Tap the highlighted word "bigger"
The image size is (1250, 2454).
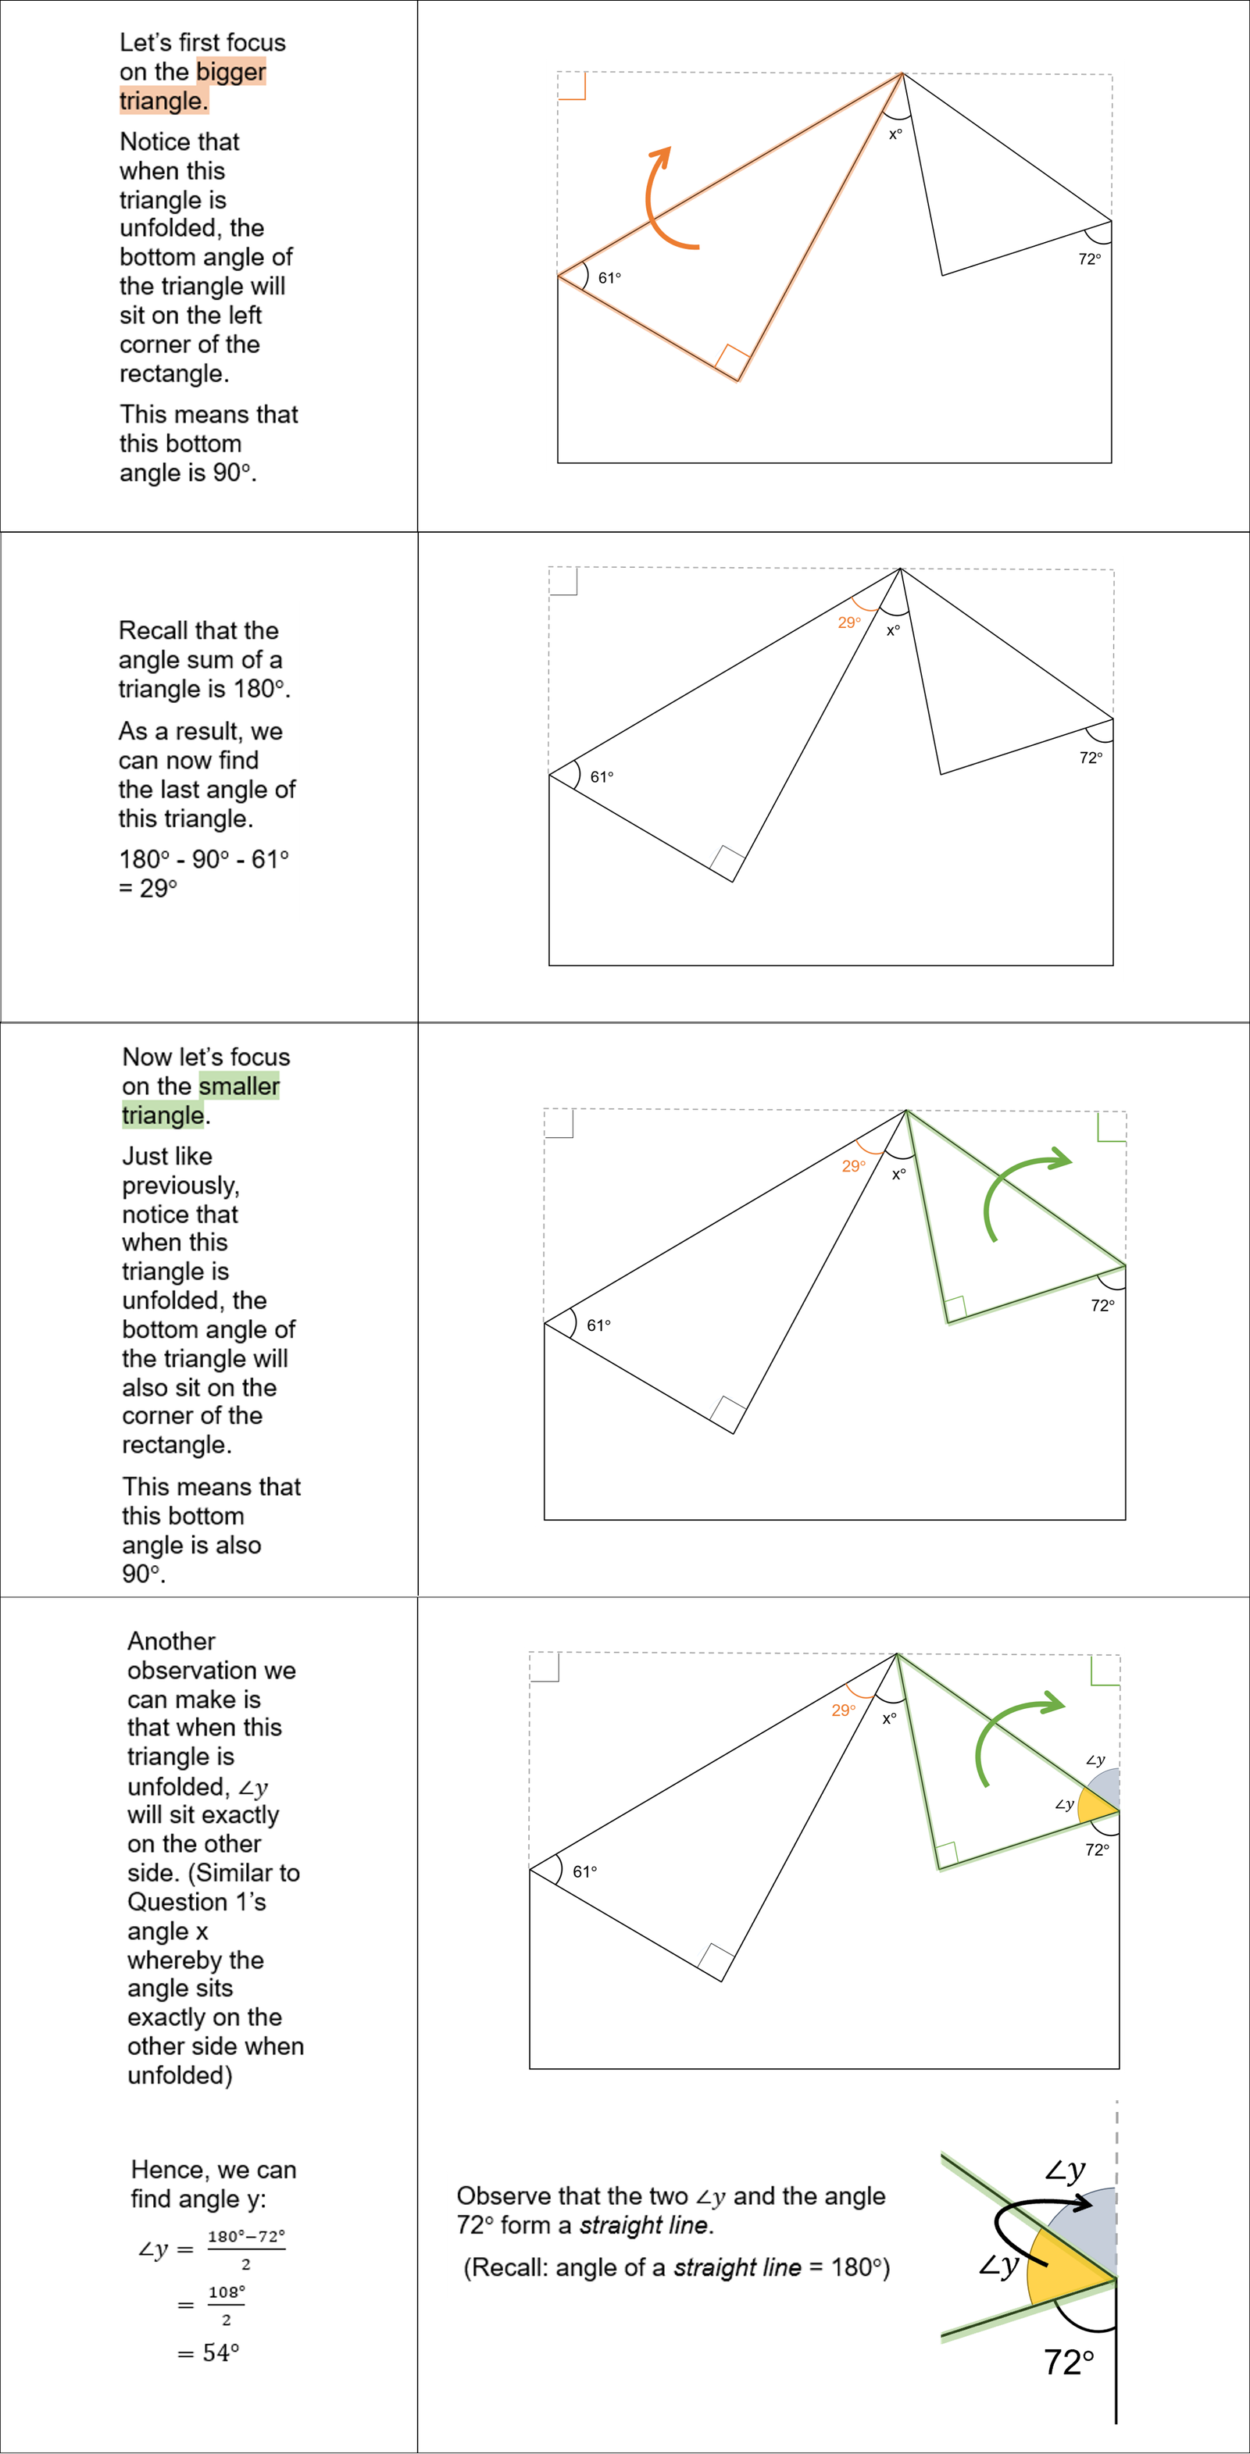230,71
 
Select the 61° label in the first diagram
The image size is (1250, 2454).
609,278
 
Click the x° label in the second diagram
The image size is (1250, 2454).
893,630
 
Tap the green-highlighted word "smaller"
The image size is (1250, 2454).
239,1086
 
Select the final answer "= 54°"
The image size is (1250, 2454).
209,2353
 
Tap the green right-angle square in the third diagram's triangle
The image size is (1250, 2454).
955,1307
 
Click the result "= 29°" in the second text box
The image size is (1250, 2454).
148,889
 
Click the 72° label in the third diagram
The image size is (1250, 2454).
1102,1306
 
